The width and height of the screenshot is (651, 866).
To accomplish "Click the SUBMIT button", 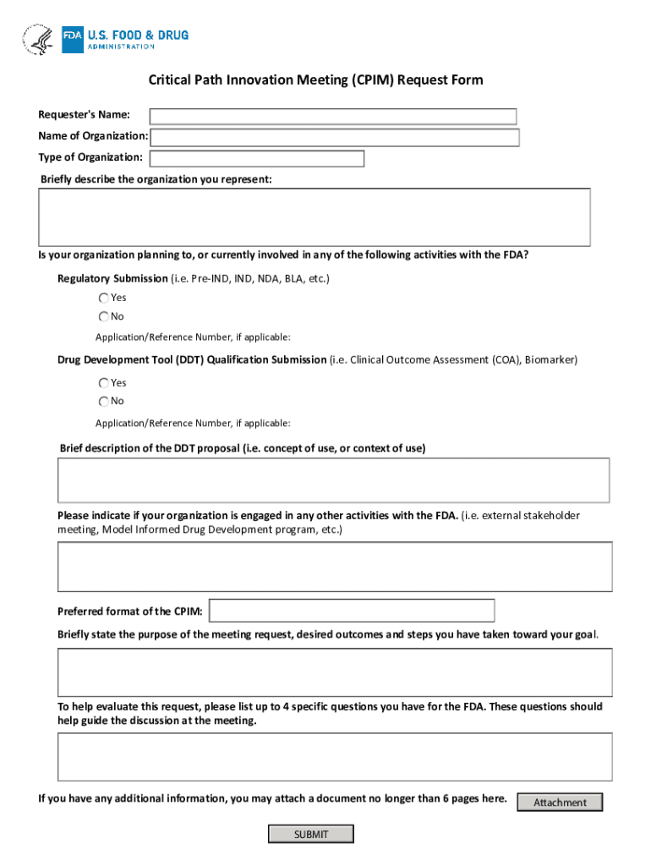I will [310, 835].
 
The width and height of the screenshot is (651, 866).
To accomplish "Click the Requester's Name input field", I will [333, 117].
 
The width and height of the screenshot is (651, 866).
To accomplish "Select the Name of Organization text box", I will [335, 137].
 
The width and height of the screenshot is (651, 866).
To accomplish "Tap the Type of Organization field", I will [257, 158].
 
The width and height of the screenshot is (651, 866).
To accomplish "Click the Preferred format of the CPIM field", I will [352, 611].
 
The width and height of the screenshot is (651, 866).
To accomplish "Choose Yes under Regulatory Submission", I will [103, 298].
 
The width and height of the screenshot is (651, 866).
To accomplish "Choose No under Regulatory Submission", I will [103, 316].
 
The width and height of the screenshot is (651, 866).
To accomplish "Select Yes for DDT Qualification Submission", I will [103, 382].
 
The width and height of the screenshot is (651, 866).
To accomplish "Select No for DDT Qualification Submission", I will [103, 401].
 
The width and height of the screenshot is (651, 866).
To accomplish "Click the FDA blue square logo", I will [73, 40].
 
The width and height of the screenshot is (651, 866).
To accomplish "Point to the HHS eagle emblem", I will [38, 40].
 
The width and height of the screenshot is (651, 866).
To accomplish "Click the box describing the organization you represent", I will [314, 217].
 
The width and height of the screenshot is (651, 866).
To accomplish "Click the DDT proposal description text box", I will [333, 480].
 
